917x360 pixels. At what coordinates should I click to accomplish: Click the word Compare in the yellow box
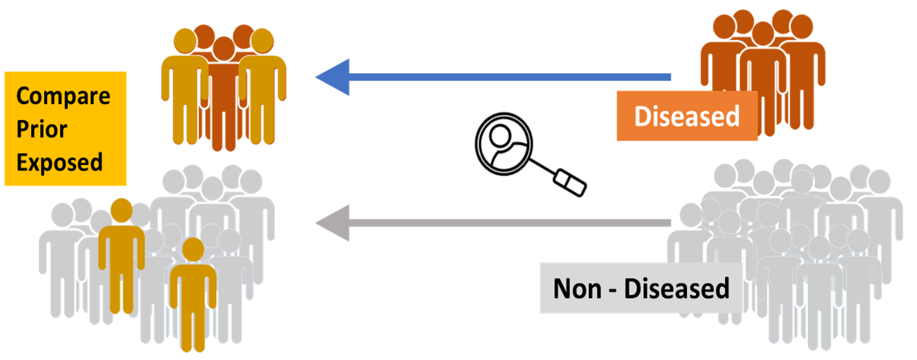point(63,97)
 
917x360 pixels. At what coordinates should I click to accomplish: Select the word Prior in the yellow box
point(41,129)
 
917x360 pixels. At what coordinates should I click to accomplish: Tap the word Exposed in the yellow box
point(59,162)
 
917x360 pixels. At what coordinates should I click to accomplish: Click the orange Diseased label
point(686,116)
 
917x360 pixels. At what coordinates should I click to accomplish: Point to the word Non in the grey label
point(577,289)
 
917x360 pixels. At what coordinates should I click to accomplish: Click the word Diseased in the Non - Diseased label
point(677,289)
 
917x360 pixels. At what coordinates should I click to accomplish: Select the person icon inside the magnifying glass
point(501,141)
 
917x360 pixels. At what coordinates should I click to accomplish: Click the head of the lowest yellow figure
point(192,249)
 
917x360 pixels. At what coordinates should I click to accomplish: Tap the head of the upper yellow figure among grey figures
point(122,210)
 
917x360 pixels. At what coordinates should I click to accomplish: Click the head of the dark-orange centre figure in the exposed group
point(223,49)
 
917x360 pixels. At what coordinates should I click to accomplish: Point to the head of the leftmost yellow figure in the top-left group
point(185,40)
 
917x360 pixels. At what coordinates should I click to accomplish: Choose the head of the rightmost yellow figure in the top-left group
point(262,40)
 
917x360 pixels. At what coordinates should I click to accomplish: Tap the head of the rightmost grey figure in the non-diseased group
point(879,182)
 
